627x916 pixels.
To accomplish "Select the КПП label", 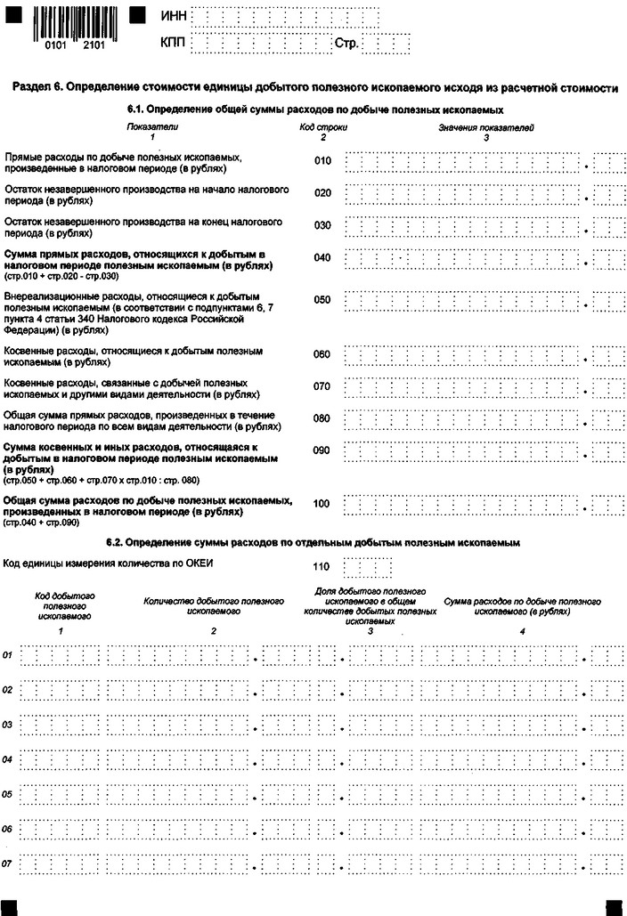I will pos(174,42).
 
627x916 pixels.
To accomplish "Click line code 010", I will pos(322,161).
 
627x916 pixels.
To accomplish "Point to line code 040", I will pos(322,258).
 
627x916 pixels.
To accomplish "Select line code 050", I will pos(322,300).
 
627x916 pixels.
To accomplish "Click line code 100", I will pos(322,504).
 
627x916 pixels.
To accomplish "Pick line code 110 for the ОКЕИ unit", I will pos(322,566).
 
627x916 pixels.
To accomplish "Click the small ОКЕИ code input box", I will pos(368,566).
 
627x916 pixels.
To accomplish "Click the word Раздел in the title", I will pos(32,88).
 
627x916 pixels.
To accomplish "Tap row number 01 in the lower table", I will pos(7,655).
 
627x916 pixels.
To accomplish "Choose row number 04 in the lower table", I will pos(7,759).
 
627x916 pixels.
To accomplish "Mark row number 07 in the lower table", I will pos(7,863).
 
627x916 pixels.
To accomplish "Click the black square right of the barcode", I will pos(138,16).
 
